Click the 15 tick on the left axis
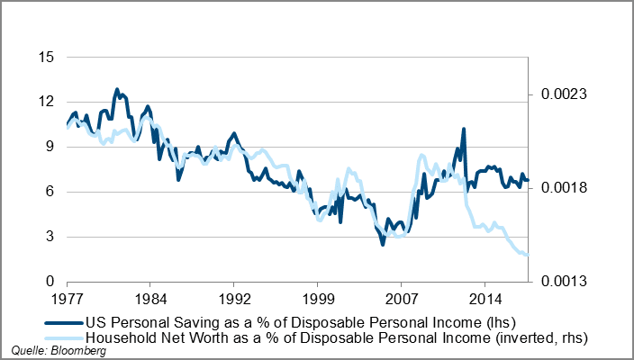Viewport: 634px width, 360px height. [x=47, y=57]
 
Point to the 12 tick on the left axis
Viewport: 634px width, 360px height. [x=47, y=102]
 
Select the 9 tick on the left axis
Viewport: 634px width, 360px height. [x=50, y=147]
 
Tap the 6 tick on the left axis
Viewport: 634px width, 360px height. [x=50, y=192]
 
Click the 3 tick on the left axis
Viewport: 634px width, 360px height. [x=50, y=237]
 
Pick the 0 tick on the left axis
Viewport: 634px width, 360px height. [x=50, y=282]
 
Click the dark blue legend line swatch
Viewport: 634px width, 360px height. [x=63, y=321]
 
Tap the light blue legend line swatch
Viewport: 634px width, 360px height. [x=63, y=337]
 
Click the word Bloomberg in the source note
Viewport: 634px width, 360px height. [x=77, y=351]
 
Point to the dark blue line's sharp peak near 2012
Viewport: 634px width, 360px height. [x=463, y=130]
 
